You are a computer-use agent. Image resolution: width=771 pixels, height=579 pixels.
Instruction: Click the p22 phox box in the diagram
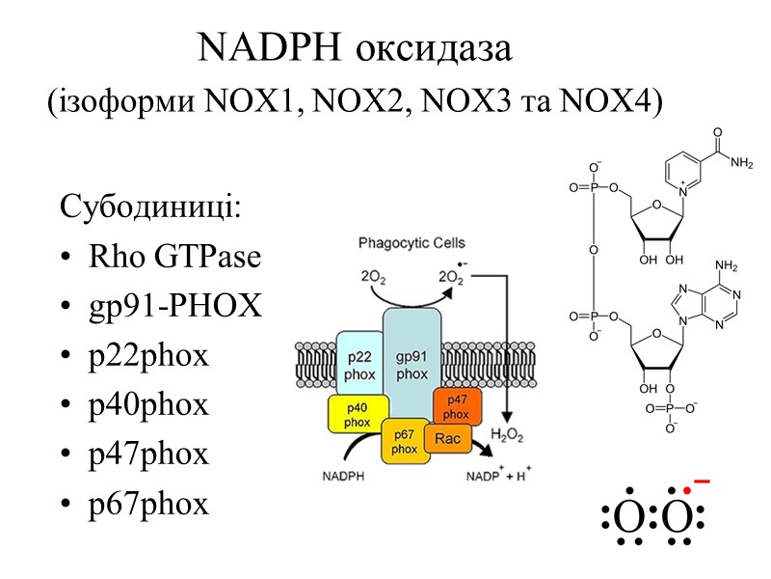358,365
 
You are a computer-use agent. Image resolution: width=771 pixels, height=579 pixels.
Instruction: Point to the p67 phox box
405,440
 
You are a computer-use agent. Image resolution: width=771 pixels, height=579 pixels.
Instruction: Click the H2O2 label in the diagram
507,437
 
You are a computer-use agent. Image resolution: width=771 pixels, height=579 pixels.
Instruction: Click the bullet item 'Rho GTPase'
173,258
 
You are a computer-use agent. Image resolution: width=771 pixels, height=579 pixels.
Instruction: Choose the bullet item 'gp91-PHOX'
173,306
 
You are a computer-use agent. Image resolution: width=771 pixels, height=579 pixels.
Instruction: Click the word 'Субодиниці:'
149,207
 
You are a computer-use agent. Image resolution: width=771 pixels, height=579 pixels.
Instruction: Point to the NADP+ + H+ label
501,475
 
